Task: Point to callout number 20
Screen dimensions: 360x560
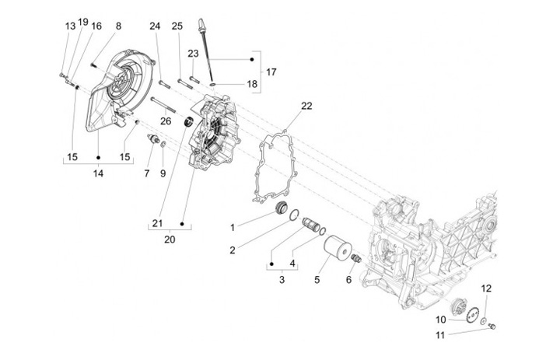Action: point(170,239)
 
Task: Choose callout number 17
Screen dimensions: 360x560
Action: point(271,72)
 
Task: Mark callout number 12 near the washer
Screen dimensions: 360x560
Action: point(486,288)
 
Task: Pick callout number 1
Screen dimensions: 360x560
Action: point(232,227)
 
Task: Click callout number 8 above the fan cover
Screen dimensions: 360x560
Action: point(118,26)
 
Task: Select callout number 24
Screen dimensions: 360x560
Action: point(155,26)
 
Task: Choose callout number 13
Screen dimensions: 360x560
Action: point(70,26)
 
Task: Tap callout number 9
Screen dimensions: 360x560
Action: point(163,152)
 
